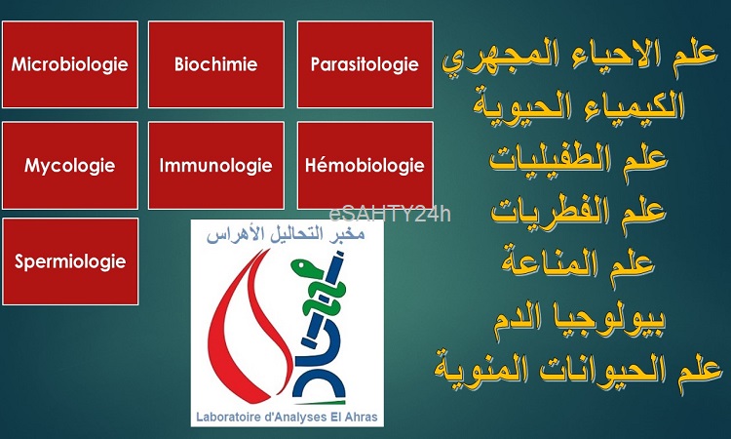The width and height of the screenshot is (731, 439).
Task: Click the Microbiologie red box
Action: click(x=70, y=64)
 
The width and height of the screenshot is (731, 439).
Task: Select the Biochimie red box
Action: click(x=215, y=64)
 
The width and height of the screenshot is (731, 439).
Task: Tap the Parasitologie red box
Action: click(x=365, y=64)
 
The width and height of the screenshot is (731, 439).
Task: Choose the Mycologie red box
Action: click(x=70, y=166)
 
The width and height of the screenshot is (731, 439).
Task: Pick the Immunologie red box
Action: click(x=215, y=166)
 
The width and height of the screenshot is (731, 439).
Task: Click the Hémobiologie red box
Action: click(x=365, y=166)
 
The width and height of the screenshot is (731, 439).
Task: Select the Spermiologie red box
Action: click(x=70, y=261)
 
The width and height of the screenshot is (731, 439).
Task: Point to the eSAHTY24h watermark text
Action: click(x=390, y=215)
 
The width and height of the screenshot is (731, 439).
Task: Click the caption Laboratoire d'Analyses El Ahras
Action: click(x=287, y=417)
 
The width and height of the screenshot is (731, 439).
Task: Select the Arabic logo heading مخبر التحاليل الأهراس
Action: click(x=286, y=234)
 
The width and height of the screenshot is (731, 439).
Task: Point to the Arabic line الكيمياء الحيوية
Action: click(x=579, y=107)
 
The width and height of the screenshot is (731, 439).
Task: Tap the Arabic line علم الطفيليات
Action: click(x=578, y=160)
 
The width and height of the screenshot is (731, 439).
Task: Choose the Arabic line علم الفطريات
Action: click(x=578, y=213)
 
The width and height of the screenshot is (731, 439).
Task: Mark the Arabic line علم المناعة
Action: click(x=578, y=265)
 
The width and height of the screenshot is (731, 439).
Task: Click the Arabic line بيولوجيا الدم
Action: click(x=580, y=319)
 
